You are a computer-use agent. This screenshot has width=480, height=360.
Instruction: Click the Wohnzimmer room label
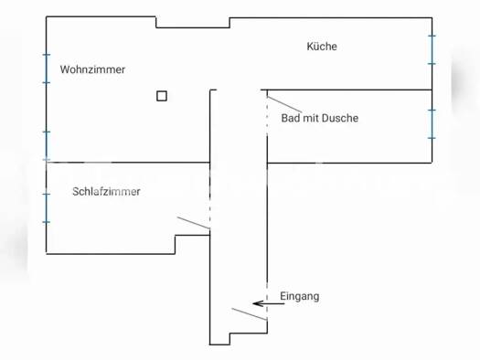(92, 69)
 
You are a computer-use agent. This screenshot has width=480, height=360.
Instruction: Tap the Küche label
(322, 47)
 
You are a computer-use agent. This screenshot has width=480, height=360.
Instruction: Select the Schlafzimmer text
(106, 192)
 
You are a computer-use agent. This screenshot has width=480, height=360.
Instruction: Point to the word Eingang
(300, 297)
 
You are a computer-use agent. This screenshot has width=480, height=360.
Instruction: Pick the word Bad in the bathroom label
(291, 118)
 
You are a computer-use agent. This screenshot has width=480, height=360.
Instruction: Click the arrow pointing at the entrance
(269, 303)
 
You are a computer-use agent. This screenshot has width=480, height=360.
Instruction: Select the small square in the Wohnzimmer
(162, 95)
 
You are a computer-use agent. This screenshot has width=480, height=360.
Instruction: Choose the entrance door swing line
(249, 314)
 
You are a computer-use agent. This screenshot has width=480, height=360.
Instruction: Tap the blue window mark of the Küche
(432, 49)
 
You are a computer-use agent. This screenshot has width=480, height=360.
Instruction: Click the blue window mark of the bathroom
(432, 122)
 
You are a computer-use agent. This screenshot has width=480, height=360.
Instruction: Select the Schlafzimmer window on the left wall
(46, 207)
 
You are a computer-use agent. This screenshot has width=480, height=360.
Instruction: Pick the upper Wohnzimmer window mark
(46, 69)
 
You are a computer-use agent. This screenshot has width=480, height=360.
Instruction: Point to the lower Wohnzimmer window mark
(46, 144)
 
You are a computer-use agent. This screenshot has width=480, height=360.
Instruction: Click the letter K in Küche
(310, 47)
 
